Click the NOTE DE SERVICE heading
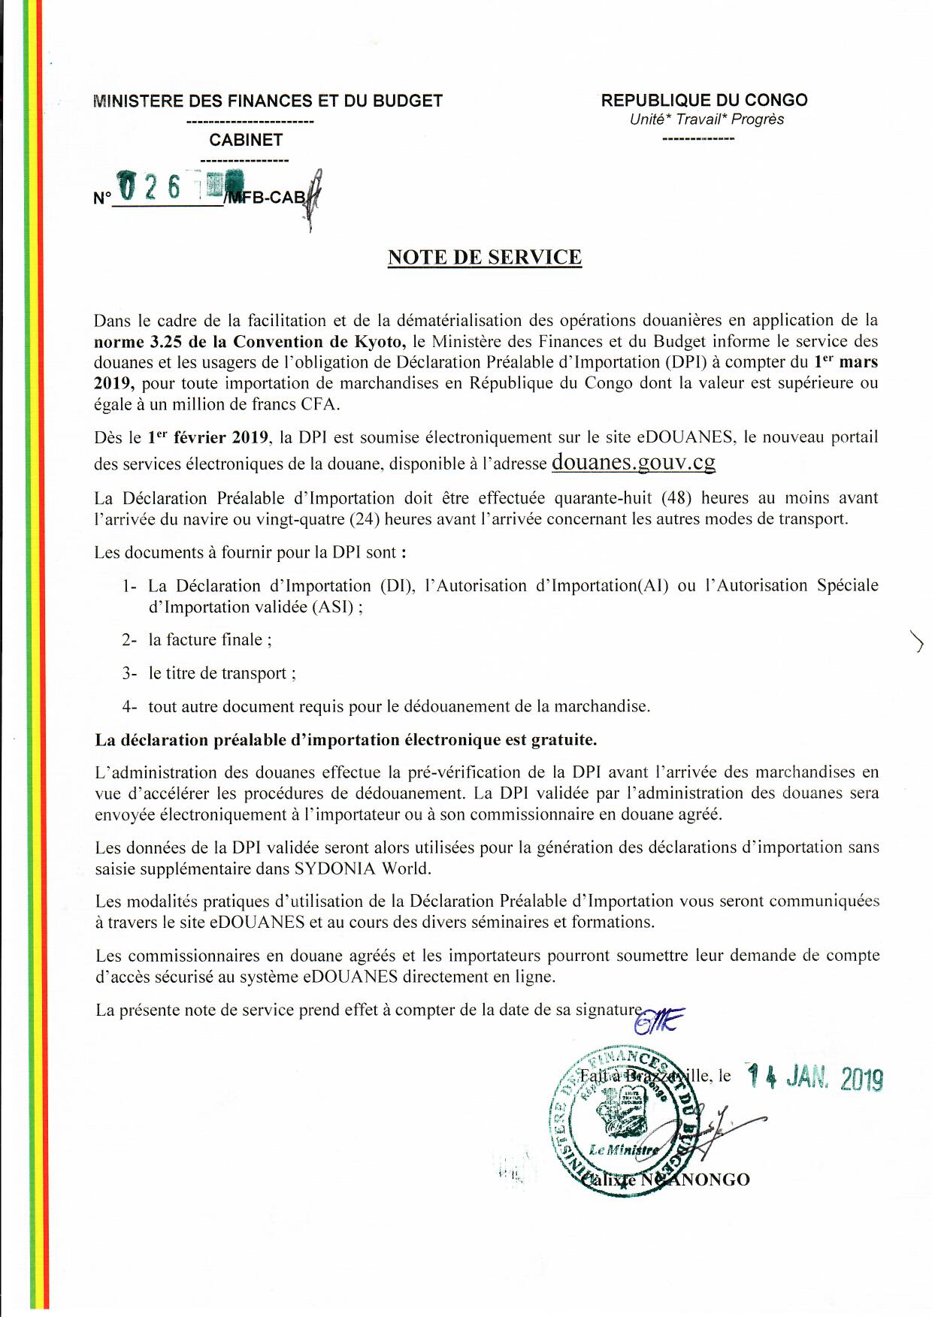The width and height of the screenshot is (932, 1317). coord(484,258)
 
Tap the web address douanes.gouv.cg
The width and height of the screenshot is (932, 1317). coord(633,461)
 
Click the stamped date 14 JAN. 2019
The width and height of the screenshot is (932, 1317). coord(815,1078)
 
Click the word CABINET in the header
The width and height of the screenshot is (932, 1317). coord(246,140)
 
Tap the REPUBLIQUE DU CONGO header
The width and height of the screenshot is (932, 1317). coord(704,100)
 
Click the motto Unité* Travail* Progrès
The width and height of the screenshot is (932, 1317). coord(707,119)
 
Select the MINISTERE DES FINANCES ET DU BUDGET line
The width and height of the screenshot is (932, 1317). coord(268,101)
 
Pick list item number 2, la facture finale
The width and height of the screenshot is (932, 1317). coord(210,640)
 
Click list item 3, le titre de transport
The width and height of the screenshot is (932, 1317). coord(222,673)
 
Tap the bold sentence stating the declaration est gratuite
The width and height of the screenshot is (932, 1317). coord(346,740)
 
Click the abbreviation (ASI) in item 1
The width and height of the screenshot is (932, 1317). coord(331,607)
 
